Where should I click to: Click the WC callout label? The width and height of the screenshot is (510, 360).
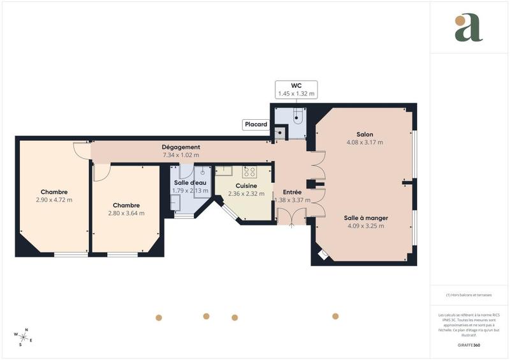coord(296,89)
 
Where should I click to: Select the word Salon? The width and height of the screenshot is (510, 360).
coord(365,134)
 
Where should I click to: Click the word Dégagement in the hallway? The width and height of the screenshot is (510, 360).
coord(181,147)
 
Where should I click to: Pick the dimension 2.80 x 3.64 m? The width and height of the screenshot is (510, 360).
coord(126,213)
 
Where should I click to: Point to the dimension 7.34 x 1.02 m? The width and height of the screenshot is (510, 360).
coord(181,155)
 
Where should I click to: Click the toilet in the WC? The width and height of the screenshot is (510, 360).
coord(298,116)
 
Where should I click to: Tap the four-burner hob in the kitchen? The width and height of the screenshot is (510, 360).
coord(249,171)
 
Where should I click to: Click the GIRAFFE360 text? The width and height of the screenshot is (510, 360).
coord(469,345)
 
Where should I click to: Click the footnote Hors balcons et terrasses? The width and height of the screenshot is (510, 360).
coord(469,295)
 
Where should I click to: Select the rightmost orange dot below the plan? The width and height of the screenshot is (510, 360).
coord(335,316)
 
